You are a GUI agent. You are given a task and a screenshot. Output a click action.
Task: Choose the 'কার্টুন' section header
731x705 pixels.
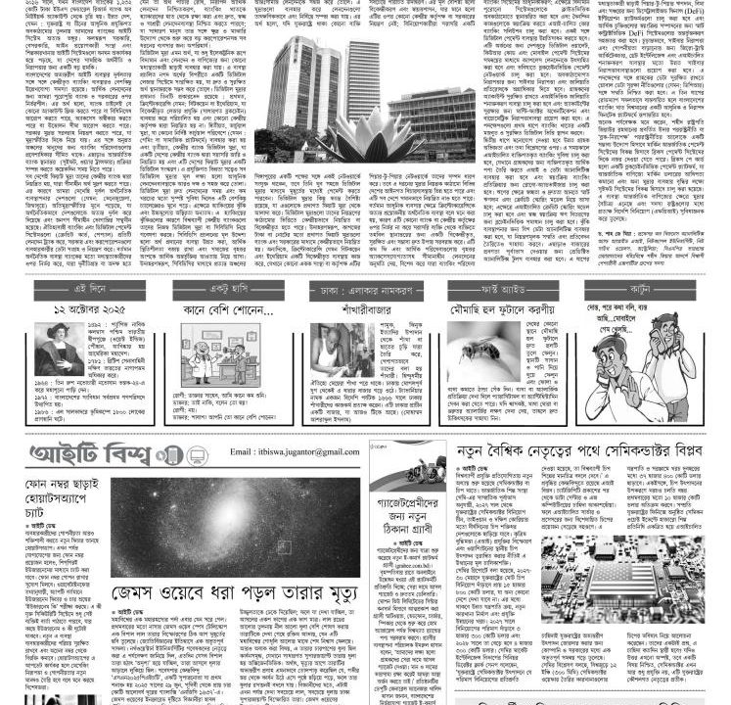pyautogui.click(x=637, y=291)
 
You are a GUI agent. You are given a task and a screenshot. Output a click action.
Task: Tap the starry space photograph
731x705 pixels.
pyautogui.click(x=235, y=527)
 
